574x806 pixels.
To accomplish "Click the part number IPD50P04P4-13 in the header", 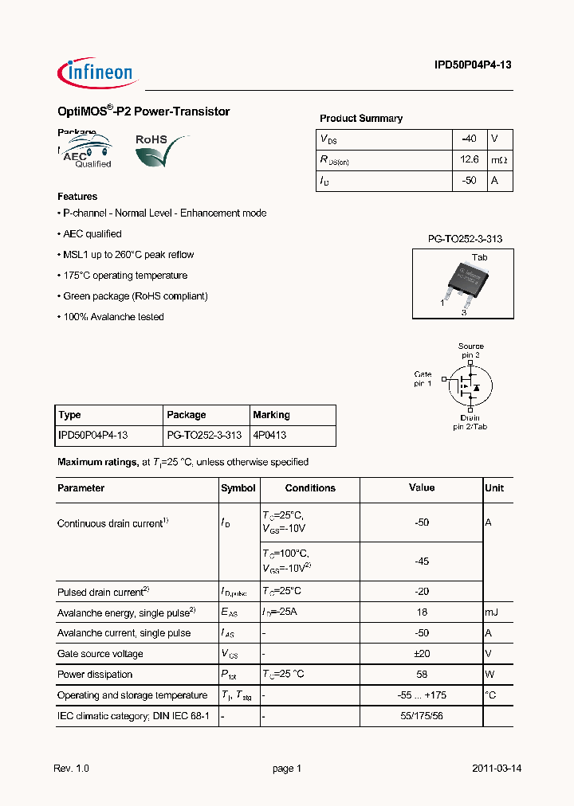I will [473, 66].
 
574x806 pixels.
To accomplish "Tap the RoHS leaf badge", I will [162, 150].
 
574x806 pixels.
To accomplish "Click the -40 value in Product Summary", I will [469, 139].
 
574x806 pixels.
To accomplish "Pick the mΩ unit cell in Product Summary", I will [499, 159].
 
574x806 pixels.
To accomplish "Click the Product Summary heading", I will [361, 118].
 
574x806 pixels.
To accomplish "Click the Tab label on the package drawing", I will [479, 257].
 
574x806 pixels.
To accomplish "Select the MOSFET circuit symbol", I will [466, 385].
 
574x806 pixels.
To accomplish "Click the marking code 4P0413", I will [269, 436].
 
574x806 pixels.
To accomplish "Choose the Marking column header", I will [271, 415].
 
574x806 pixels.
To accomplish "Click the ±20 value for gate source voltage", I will [422, 654].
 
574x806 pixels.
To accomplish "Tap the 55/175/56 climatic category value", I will [422, 716].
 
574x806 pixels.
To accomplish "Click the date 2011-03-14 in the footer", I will [496, 769].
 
